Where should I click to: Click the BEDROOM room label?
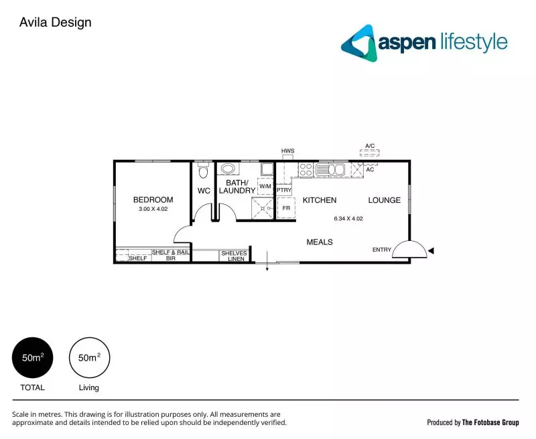click(153, 199)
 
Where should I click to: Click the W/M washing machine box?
click(266, 187)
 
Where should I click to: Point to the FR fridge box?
click(286, 208)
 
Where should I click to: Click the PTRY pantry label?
click(284, 190)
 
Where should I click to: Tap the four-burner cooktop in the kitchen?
click(306, 169)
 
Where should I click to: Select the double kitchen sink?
click(330, 169)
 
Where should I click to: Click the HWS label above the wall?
click(288, 151)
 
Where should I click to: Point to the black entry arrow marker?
click(432, 250)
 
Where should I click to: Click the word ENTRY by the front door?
click(382, 250)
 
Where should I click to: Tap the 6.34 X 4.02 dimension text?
click(348, 218)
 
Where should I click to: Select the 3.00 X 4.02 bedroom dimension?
click(153, 209)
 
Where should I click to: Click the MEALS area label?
click(320, 242)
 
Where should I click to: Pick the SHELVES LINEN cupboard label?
click(233, 256)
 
